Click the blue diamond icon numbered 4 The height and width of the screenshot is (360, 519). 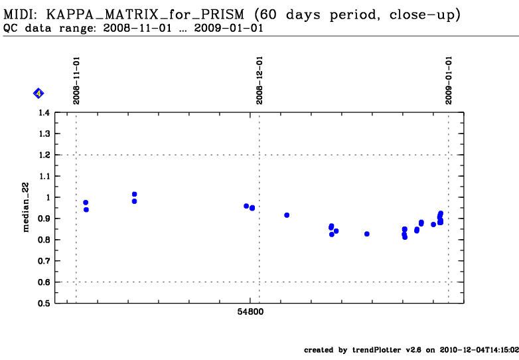[x=38, y=94]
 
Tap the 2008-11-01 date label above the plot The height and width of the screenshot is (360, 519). [x=76, y=80]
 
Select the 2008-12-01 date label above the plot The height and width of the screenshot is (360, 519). [x=259, y=80]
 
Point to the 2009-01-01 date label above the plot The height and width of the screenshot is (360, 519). [x=449, y=80]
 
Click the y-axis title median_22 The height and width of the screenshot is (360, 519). [x=27, y=208]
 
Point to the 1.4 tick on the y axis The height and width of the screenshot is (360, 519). [x=44, y=113]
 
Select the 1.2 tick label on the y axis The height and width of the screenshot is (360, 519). [x=44, y=155]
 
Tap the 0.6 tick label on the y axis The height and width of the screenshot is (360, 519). [x=44, y=282]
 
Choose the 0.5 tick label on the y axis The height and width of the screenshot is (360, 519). [x=44, y=304]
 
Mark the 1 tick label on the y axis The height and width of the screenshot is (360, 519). [x=47, y=197]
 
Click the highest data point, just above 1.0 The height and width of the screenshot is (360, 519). [x=134, y=194]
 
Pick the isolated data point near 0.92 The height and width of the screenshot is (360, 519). [x=287, y=215]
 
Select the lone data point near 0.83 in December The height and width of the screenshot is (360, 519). [x=367, y=234]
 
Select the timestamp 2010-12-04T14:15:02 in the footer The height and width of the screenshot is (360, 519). [x=479, y=350]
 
